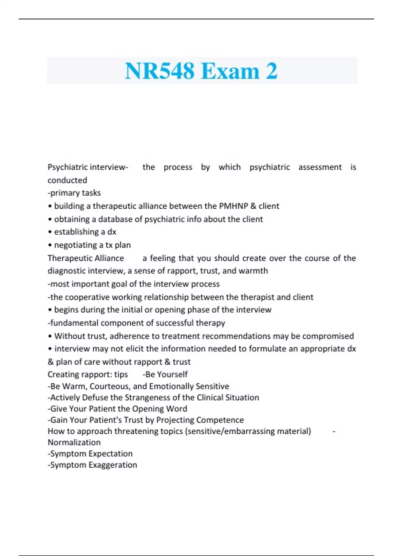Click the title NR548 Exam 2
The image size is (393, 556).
click(x=201, y=71)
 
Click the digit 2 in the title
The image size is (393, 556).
click(x=271, y=71)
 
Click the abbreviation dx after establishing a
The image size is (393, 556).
click(x=112, y=232)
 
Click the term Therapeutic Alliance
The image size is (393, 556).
click(x=86, y=258)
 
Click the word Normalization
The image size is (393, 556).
click(x=74, y=443)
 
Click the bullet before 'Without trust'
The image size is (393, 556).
click(x=50, y=336)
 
